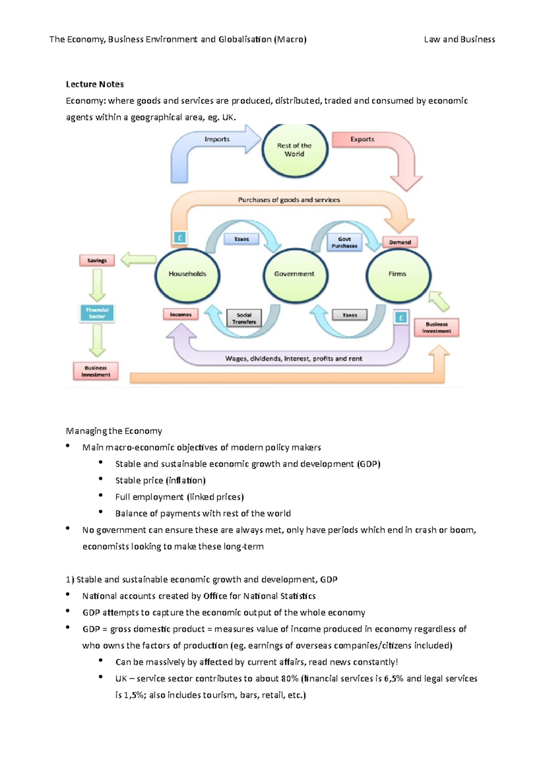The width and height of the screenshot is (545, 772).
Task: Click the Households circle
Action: click(187, 274)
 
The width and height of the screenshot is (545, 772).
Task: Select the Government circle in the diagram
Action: click(294, 274)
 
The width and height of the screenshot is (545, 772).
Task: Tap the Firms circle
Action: click(397, 274)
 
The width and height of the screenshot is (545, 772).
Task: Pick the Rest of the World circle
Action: click(294, 150)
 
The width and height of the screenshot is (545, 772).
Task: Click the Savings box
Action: click(97, 261)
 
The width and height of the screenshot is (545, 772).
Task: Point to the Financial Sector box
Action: click(97, 313)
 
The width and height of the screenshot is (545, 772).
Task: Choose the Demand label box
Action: click(400, 242)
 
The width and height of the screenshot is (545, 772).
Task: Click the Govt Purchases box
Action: click(344, 242)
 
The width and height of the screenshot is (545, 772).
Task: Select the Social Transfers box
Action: click(244, 318)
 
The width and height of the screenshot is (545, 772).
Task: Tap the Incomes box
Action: click(180, 315)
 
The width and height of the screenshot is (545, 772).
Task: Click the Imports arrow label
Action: click(217, 139)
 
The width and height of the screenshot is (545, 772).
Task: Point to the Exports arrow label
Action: click(362, 139)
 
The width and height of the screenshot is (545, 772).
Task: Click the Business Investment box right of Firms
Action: click(436, 327)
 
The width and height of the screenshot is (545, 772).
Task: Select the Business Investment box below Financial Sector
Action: click(96, 371)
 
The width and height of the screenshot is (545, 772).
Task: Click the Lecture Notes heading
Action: click(95, 84)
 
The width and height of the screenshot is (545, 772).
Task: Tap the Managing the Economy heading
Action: click(114, 431)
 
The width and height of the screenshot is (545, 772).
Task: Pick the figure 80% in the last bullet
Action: click(290, 679)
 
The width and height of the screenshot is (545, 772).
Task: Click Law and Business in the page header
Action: click(459, 40)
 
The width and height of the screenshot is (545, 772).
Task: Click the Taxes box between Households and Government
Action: click(241, 239)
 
